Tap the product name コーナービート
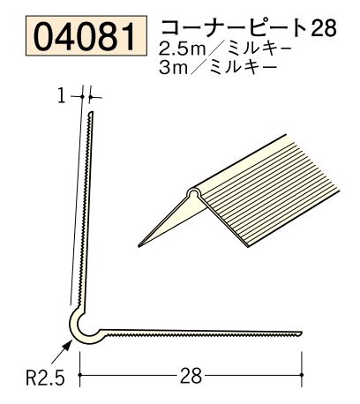[233, 27]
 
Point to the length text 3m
[173, 68]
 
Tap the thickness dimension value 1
[62, 96]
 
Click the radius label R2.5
[45, 378]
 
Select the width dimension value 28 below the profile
[191, 375]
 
